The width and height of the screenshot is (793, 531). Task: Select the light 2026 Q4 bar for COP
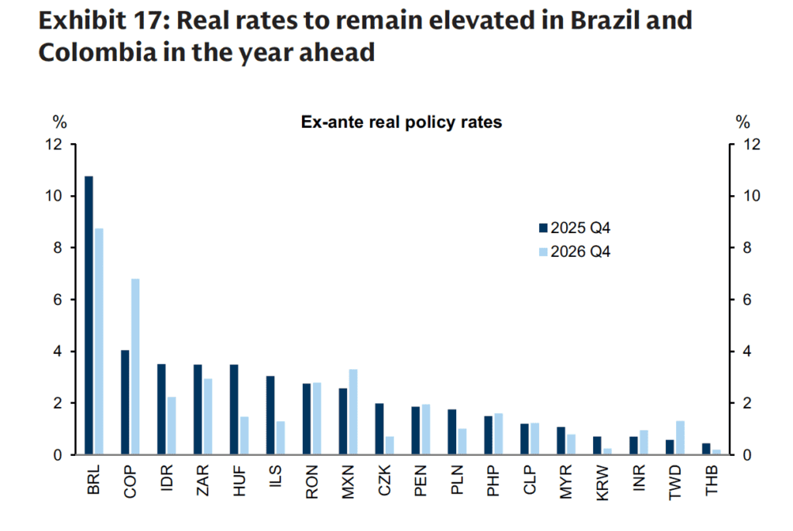point(135,367)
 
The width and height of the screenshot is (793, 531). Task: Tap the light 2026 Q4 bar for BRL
point(98,341)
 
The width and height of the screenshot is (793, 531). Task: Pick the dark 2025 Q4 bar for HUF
point(234,409)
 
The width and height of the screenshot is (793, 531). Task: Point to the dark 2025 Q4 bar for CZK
point(379,429)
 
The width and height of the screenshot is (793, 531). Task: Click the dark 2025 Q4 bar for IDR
point(161,409)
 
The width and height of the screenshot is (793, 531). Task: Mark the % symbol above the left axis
point(59,122)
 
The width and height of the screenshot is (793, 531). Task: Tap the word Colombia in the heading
point(88,53)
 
